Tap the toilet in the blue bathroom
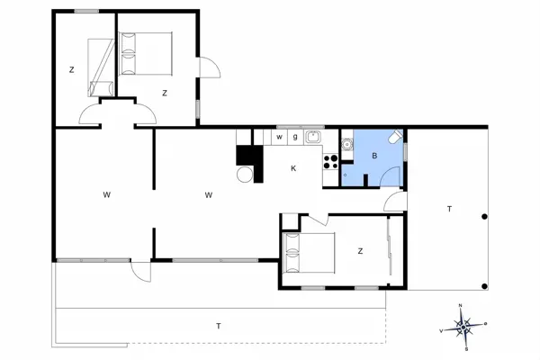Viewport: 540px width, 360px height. pos(395,139)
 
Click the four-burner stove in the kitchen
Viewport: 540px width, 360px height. pos(330,162)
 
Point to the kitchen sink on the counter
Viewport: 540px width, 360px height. pos(312,137)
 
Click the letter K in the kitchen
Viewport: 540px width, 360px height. pos(293,168)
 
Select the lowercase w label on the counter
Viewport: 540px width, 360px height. pos(280,137)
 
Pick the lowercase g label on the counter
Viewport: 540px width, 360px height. pos(294,137)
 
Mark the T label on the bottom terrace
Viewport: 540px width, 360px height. pos(218,324)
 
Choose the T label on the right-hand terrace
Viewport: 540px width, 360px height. pos(448,209)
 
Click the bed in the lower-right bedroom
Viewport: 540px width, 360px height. pos(309,253)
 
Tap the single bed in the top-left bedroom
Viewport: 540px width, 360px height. pos(101,67)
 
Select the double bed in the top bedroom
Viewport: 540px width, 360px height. pos(145,53)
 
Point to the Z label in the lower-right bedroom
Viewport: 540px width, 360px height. pos(359,251)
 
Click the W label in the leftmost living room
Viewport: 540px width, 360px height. pos(106,194)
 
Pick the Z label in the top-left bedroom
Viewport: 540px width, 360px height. pos(71,69)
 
